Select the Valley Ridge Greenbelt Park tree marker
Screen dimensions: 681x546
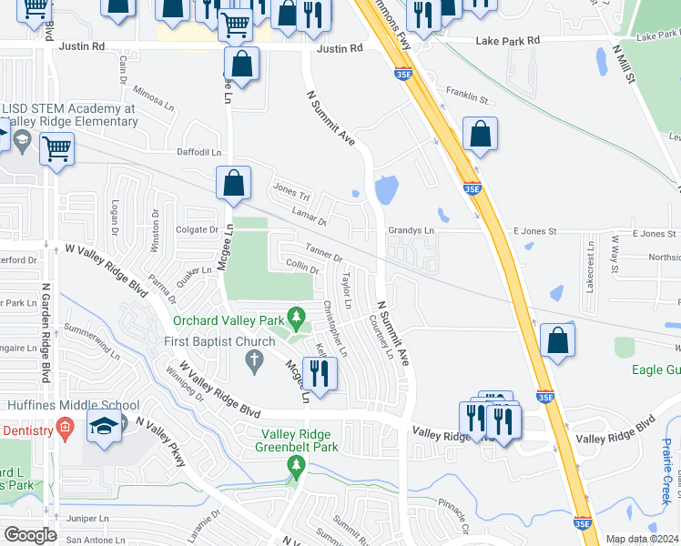tap(295, 467)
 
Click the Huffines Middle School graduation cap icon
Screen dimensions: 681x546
tap(105, 426)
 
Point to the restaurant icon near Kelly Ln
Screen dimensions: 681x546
tap(319, 372)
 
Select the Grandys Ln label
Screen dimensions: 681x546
tap(412, 231)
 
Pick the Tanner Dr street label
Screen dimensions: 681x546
tap(323, 253)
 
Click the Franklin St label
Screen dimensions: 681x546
tap(468, 91)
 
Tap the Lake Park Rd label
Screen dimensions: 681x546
tap(508, 40)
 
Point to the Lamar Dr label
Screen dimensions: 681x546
tap(309, 216)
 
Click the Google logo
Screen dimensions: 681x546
tap(30, 535)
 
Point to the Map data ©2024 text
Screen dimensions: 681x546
tap(642, 539)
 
